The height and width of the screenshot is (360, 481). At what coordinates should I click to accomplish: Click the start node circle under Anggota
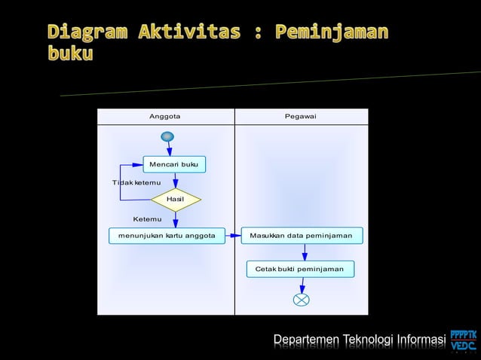[167, 136]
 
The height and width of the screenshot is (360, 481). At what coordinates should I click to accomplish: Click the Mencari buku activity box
[174, 164]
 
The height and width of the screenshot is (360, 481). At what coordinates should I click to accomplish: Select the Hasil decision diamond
[176, 200]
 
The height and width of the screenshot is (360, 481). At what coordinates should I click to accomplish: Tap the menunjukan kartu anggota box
[162, 236]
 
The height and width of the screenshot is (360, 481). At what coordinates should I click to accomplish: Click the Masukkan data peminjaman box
[302, 236]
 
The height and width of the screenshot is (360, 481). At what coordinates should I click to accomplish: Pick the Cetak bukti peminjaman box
[299, 269]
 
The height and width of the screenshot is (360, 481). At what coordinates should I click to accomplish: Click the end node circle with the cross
[301, 300]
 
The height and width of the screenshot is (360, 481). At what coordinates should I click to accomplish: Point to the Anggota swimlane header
[165, 117]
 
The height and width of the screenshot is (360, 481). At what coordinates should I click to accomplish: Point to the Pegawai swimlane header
[301, 117]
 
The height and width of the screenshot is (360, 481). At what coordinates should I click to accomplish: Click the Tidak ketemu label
[130, 183]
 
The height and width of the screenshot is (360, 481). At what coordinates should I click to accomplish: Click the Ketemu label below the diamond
[147, 219]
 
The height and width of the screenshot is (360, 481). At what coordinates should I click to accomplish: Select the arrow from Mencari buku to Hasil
[175, 181]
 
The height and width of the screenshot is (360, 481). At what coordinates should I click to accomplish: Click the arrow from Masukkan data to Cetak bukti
[305, 252]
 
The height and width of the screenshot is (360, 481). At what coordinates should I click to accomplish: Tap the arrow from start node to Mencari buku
[170, 149]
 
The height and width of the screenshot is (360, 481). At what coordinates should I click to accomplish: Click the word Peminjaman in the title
[332, 32]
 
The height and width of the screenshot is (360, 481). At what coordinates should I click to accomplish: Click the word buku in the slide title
[70, 55]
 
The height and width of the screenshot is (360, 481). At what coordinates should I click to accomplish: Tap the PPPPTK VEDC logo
[463, 340]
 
